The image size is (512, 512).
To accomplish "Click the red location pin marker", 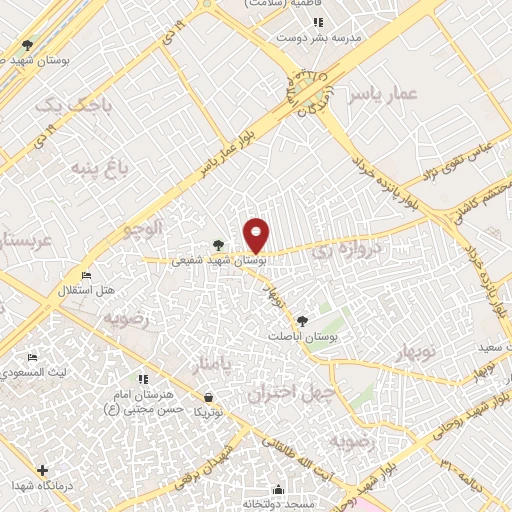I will point(257,235).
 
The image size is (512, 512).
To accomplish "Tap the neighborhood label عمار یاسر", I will point(381,96).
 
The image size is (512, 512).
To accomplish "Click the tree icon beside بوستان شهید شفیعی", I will point(218,244).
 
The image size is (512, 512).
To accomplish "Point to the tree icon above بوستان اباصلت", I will point(302,321).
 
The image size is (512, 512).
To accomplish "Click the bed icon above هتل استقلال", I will point(87,275).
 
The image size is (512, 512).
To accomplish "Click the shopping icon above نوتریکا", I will point(207,396).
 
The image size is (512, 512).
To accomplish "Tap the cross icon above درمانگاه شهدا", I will point(41,470).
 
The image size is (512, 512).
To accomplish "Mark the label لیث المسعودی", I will point(36,372).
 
